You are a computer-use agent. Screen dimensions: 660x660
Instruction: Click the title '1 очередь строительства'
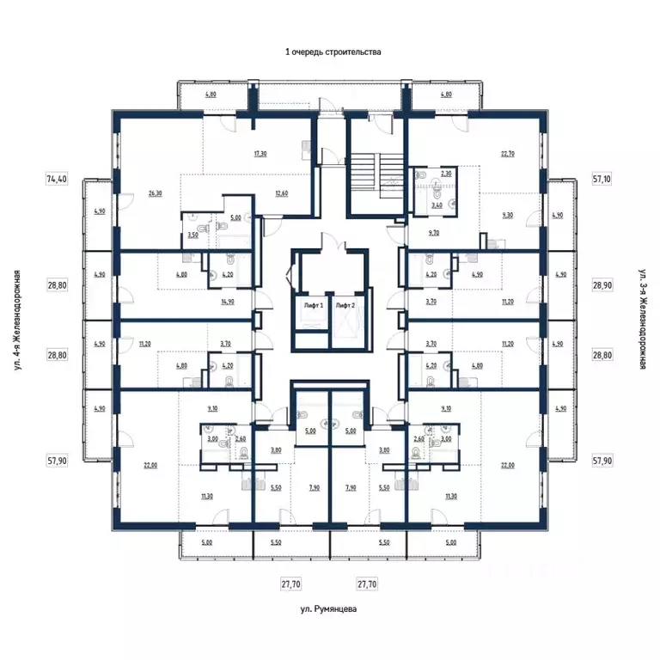333,52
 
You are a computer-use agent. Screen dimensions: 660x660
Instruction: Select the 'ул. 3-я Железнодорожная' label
642,320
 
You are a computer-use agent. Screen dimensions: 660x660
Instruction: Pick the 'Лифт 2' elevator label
345,305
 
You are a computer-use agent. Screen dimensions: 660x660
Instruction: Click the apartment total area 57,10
602,180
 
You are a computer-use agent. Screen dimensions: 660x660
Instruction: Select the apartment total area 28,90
602,283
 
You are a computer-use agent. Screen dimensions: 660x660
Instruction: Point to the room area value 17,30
260,154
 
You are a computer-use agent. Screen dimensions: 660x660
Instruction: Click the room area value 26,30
155,193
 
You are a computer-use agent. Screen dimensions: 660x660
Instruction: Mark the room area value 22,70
507,154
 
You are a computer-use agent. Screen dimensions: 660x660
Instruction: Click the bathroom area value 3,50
192,235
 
